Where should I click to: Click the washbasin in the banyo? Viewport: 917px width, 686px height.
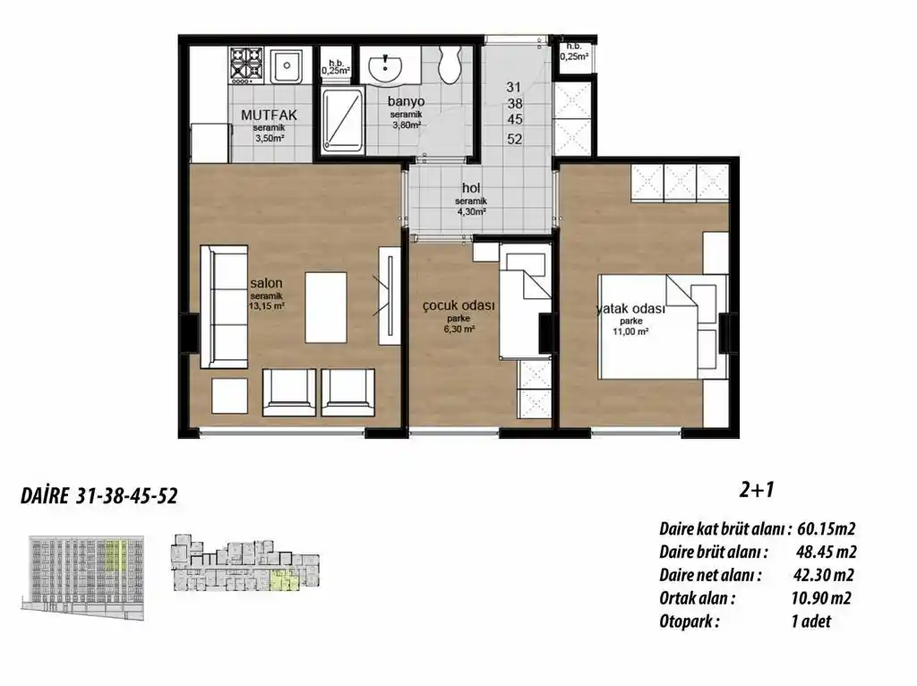390,63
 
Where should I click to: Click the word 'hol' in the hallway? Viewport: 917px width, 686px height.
471,187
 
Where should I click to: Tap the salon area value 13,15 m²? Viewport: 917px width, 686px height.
268,305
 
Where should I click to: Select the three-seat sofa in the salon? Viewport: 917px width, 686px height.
222,305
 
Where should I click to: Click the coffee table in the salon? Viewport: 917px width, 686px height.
326,307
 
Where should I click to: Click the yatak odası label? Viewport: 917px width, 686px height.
631,309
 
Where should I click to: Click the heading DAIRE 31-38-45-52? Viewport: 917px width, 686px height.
98,498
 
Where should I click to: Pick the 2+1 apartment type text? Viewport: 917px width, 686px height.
757,490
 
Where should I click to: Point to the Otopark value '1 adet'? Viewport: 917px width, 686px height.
810,622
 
